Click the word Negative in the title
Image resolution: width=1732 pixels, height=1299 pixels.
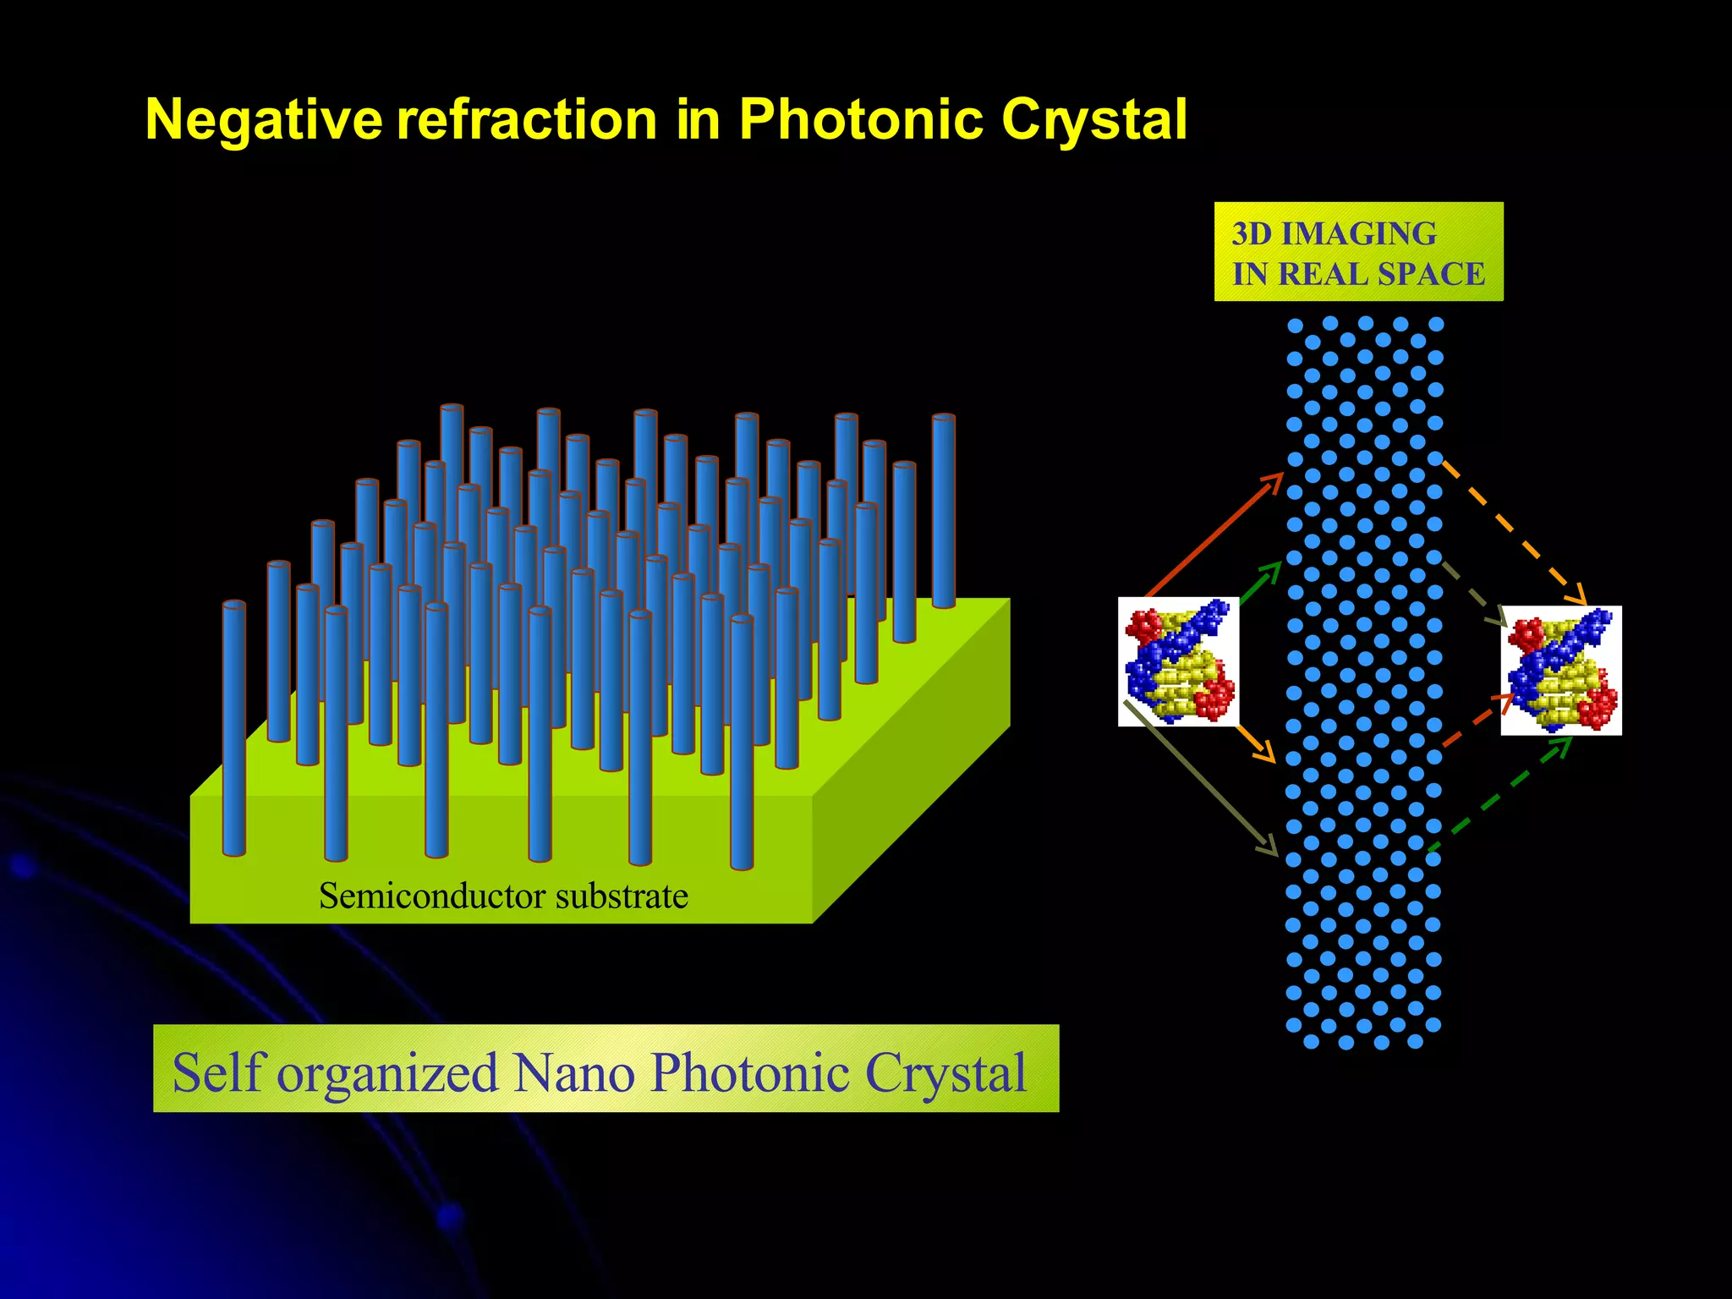[264, 120]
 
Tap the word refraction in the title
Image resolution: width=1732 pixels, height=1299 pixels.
[527, 120]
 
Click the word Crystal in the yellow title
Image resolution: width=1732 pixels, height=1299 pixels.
[1094, 120]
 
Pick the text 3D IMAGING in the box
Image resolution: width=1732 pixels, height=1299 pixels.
[1334, 233]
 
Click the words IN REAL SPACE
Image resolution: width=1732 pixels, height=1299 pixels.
[1357, 274]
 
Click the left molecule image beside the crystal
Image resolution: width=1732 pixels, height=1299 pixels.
[1178, 661]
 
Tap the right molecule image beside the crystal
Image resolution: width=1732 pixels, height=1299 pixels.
[1560, 671]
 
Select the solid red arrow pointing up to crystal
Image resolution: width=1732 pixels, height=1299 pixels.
[1214, 535]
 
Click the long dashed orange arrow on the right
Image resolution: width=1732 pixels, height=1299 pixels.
[1514, 533]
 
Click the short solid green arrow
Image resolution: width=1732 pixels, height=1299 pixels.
[1261, 583]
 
